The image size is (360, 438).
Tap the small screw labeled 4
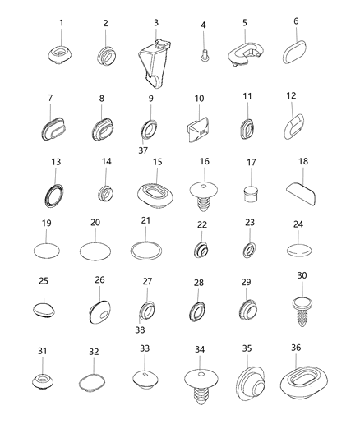click(202, 56)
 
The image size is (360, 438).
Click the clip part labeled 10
click(199, 130)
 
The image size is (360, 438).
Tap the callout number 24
click(299, 224)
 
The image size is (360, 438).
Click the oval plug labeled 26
click(99, 311)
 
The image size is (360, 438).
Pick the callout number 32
click(93, 352)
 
